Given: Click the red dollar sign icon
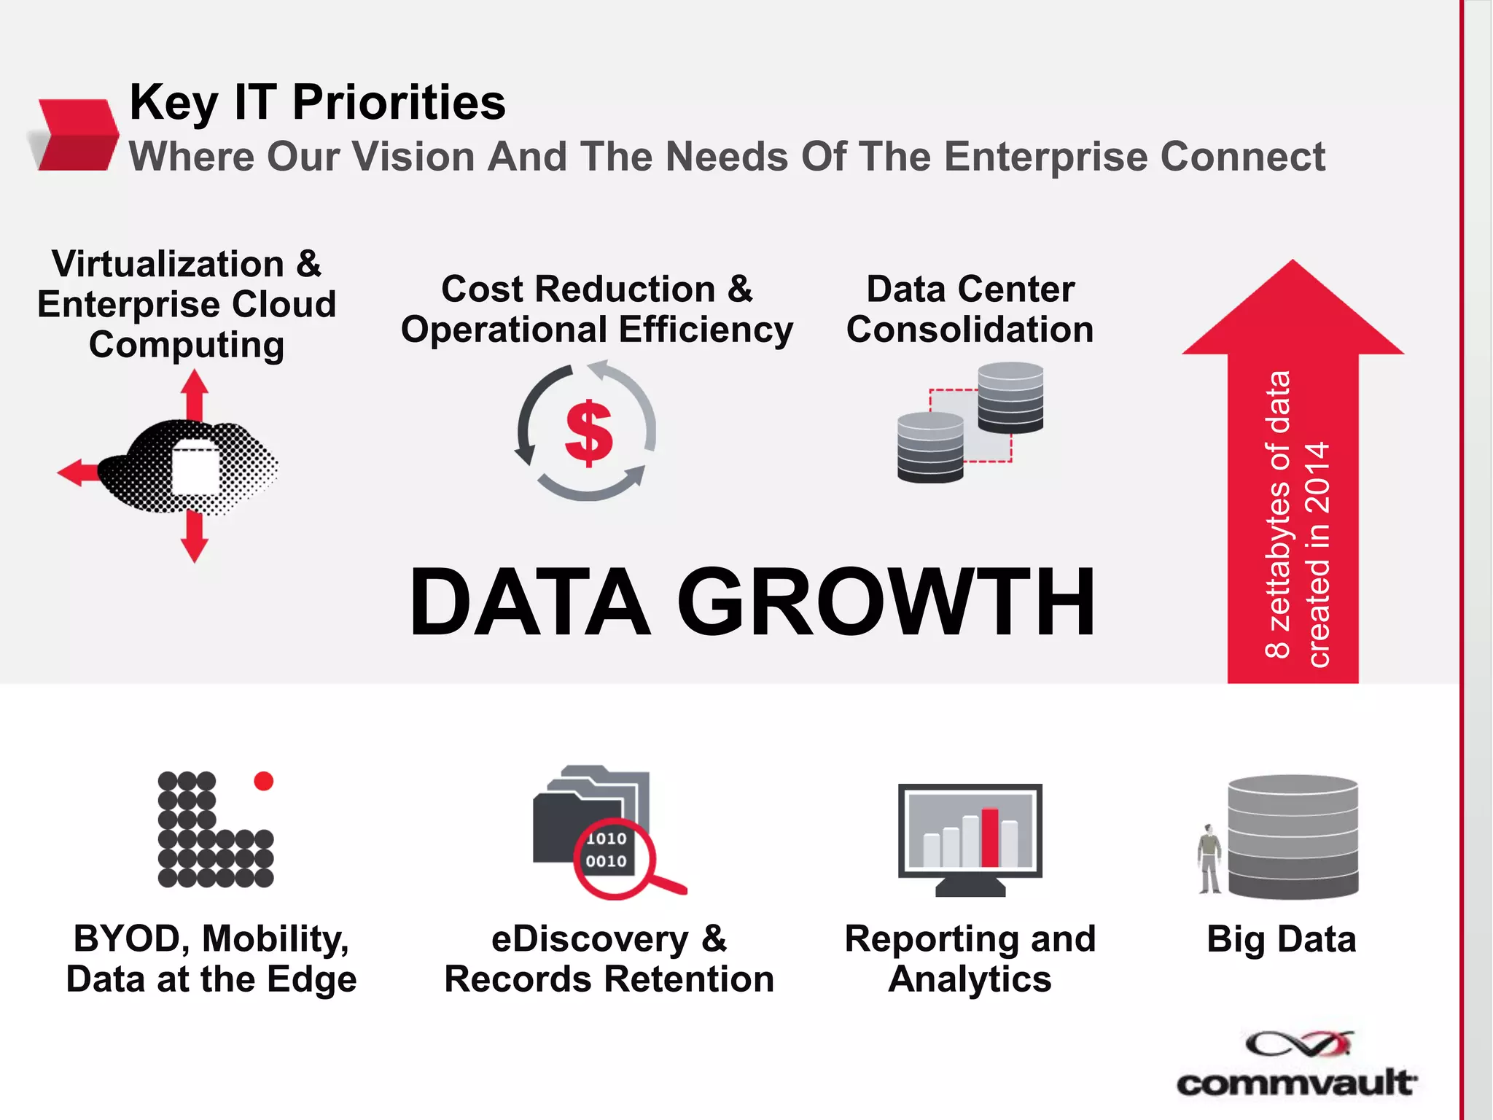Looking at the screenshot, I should pyautogui.click(x=588, y=433).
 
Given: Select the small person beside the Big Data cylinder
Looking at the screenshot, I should pyautogui.click(x=1209, y=859).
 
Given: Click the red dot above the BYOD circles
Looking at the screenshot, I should pyautogui.click(x=263, y=781).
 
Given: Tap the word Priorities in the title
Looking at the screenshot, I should pyautogui.click(x=399, y=102).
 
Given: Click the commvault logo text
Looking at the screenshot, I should pyautogui.click(x=1296, y=1083).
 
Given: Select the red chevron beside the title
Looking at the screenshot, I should pyautogui.click(x=77, y=135).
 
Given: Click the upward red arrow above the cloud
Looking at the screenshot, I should pyautogui.click(x=195, y=394).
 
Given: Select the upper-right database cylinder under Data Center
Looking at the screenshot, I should pyautogui.click(x=1010, y=397).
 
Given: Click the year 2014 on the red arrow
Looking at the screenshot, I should pyautogui.click(x=1318, y=478).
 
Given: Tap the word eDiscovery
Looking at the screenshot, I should pyautogui.click(x=589, y=939).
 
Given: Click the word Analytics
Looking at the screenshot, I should pyautogui.click(x=970, y=979).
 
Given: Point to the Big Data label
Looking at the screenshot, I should pyautogui.click(x=1281, y=939).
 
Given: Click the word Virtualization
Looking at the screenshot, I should pyautogui.click(x=168, y=264).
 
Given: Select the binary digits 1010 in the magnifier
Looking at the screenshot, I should pyautogui.click(x=606, y=839).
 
